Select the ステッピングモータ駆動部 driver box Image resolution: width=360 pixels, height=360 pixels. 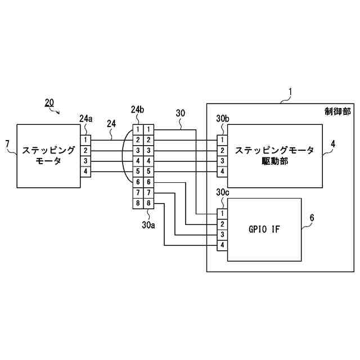click(x=274, y=156)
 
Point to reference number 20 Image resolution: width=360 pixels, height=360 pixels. click(x=49, y=102)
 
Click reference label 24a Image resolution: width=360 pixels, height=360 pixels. click(x=85, y=119)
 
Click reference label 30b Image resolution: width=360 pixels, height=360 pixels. click(x=222, y=119)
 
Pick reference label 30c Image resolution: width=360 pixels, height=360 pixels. click(x=222, y=193)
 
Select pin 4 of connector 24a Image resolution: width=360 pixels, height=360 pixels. click(x=85, y=172)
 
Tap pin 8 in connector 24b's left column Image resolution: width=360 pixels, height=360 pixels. click(x=138, y=203)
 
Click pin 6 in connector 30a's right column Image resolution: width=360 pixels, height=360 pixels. click(x=148, y=182)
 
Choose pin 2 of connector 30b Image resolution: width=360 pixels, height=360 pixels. click(x=222, y=150)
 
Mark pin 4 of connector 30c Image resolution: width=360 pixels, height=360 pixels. click(x=222, y=245)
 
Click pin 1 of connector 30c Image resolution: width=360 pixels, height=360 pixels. click(x=222, y=214)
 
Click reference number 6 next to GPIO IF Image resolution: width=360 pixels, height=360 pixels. click(x=312, y=218)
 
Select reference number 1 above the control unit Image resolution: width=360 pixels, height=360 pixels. click(x=290, y=92)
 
